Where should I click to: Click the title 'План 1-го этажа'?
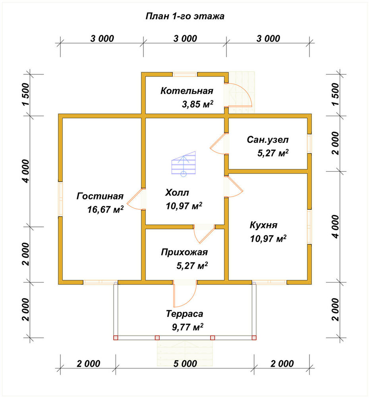tap(185, 16)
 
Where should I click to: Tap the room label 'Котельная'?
tap(187, 91)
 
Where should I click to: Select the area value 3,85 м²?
tap(197, 104)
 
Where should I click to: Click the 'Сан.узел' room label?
tap(268, 140)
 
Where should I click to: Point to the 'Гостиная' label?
tap(100, 196)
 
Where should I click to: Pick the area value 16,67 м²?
tap(105, 209)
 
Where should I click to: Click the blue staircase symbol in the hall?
tap(184, 164)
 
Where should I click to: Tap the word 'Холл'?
tap(177, 193)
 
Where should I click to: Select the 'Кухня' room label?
tap(263, 225)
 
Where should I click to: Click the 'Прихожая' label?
tap(184, 252)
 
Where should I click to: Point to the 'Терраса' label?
tap(184, 314)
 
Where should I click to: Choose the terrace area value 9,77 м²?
tap(187, 327)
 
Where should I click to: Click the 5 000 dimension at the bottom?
tap(185, 363)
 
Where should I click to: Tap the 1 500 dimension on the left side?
tap(26, 94)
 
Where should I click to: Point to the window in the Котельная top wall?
tap(185, 74)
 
